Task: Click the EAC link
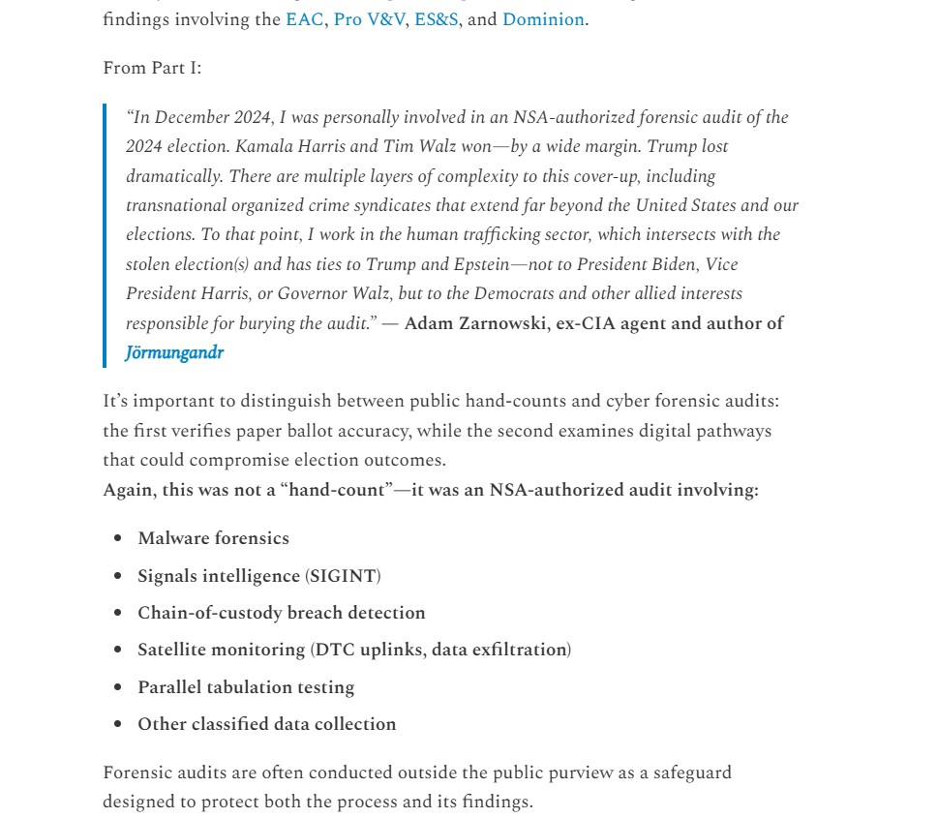pos(304,19)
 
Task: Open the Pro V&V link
pos(369,19)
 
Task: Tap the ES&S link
pos(437,19)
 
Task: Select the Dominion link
pos(543,19)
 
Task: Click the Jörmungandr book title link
pos(174,352)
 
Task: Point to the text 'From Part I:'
pos(152,68)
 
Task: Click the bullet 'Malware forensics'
pos(213,538)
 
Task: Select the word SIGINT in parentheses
pos(343,576)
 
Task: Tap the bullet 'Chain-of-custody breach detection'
pos(281,613)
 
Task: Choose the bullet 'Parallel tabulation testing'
pos(246,687)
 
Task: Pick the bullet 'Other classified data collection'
pos(266,724)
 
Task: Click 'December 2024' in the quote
pos(206,118)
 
